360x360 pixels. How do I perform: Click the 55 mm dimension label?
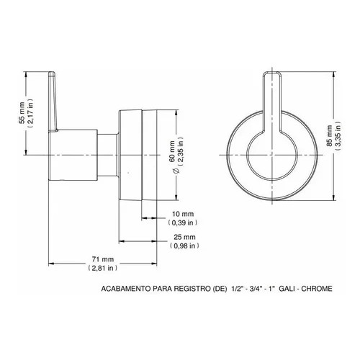click(x=21, y=113)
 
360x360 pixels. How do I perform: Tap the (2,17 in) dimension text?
click(x=30, y=113)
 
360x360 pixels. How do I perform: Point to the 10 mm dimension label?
click(x=184, y=215)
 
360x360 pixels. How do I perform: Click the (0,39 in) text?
click(x=184, y=223)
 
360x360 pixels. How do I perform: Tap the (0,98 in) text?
click(x=184, y=246)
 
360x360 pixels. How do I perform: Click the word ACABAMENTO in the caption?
click(x=127, y=289)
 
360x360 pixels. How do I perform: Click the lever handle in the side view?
click(x=54, y=101)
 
